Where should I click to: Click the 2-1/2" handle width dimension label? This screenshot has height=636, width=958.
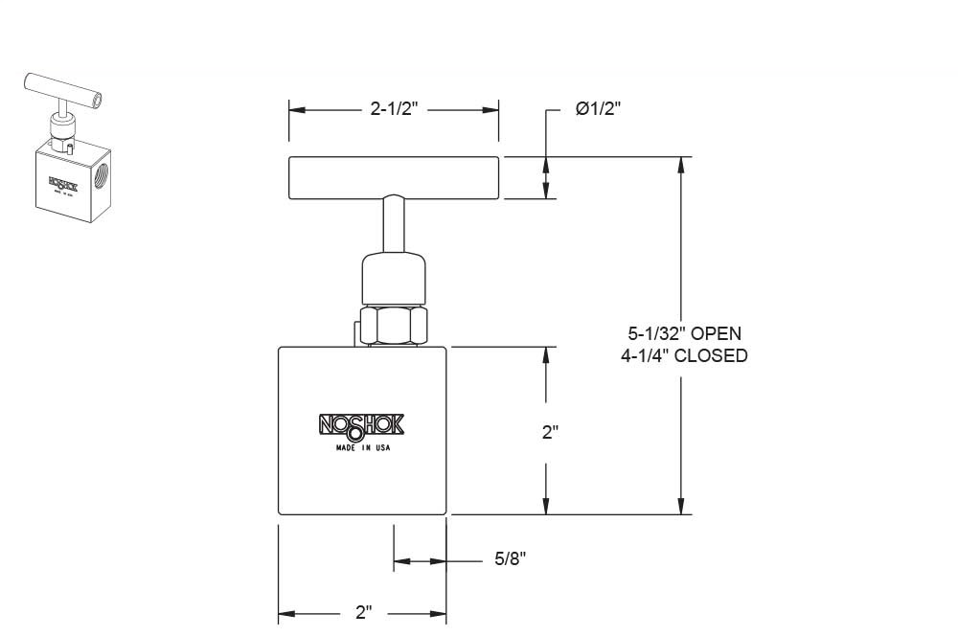(x=393, y=109)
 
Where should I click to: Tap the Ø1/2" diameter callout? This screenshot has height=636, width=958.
(x=599, y=109)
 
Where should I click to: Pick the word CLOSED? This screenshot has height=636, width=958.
(x=710, y=355)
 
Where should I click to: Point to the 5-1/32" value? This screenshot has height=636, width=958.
(x=656, y=334)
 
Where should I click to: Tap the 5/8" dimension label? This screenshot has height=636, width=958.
(x=512, y=558)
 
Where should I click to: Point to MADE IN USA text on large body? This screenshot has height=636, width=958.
(x=362, y=447)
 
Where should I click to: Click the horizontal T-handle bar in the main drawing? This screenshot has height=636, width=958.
(x=394, y=177)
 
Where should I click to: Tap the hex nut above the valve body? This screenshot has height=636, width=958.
(x=394, y=326)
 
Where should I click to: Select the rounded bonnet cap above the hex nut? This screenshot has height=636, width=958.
(x=394, y=278)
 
